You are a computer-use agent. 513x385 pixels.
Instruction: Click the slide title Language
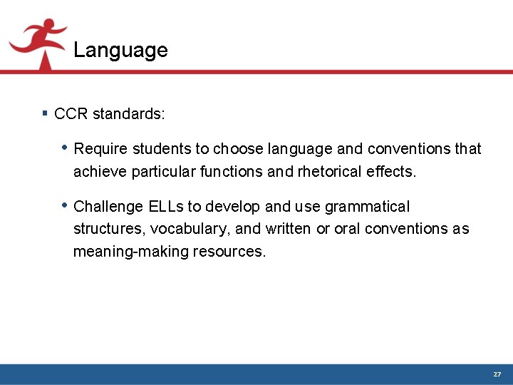pyautogui.click(x=120, y=50)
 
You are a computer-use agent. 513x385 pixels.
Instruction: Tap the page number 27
pyautogui.click(x=497, y=374)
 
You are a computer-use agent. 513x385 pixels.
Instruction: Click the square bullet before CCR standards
pyautogui.click(x=45, y=113)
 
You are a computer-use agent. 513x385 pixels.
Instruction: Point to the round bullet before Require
pyautogui.click(x=65, y=148)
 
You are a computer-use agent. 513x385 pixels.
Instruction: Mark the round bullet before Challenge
pyautogui.click(x=65, y=205)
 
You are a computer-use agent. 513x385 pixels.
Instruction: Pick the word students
pyautogui.click(x=160, y=149)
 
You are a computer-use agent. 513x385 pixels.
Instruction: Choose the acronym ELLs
pyautogui.click(x=166, y=207)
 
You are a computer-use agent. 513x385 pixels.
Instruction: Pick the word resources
pyautogui.click(x=229, y=252)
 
